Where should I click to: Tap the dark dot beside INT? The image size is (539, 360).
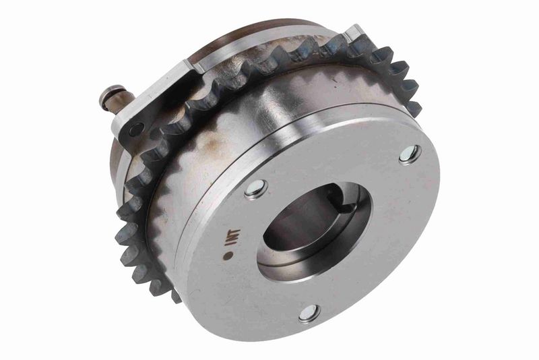[x=227, y=256]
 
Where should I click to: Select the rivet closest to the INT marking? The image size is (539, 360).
[x=256, y=188]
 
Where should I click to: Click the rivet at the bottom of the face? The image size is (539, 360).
[x=309, y=313]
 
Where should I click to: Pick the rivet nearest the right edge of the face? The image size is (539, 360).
[x=410, y=155]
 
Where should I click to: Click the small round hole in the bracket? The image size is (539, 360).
[x=137, y=129]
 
